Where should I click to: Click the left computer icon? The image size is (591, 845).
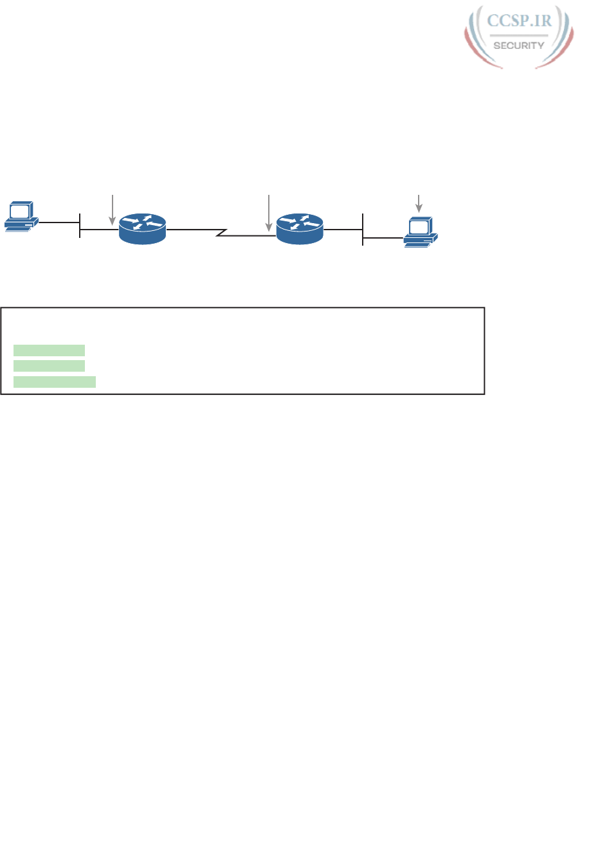[21, 217]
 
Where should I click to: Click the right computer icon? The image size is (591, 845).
[421, 232]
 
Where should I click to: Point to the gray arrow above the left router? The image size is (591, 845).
[113, 208]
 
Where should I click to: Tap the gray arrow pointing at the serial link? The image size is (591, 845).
[268, 212]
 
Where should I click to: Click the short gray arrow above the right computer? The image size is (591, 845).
[419, 203]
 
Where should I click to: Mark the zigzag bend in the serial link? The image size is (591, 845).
[222, 232]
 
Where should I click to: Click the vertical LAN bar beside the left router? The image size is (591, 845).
[80, 226]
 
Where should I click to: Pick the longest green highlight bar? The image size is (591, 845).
[55, 383]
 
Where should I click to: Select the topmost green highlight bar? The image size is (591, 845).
[50, 350]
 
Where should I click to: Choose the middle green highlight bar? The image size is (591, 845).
[50, 366]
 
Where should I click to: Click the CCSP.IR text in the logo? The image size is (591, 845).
[519, 21]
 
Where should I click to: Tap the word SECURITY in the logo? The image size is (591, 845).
[519, 45]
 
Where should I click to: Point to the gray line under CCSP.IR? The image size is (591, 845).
[519, 34]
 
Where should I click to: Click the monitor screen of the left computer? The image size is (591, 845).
[20, 211]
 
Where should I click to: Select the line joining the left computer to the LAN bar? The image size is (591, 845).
[59, 223]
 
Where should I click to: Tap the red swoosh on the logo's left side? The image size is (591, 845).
[475, 48]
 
